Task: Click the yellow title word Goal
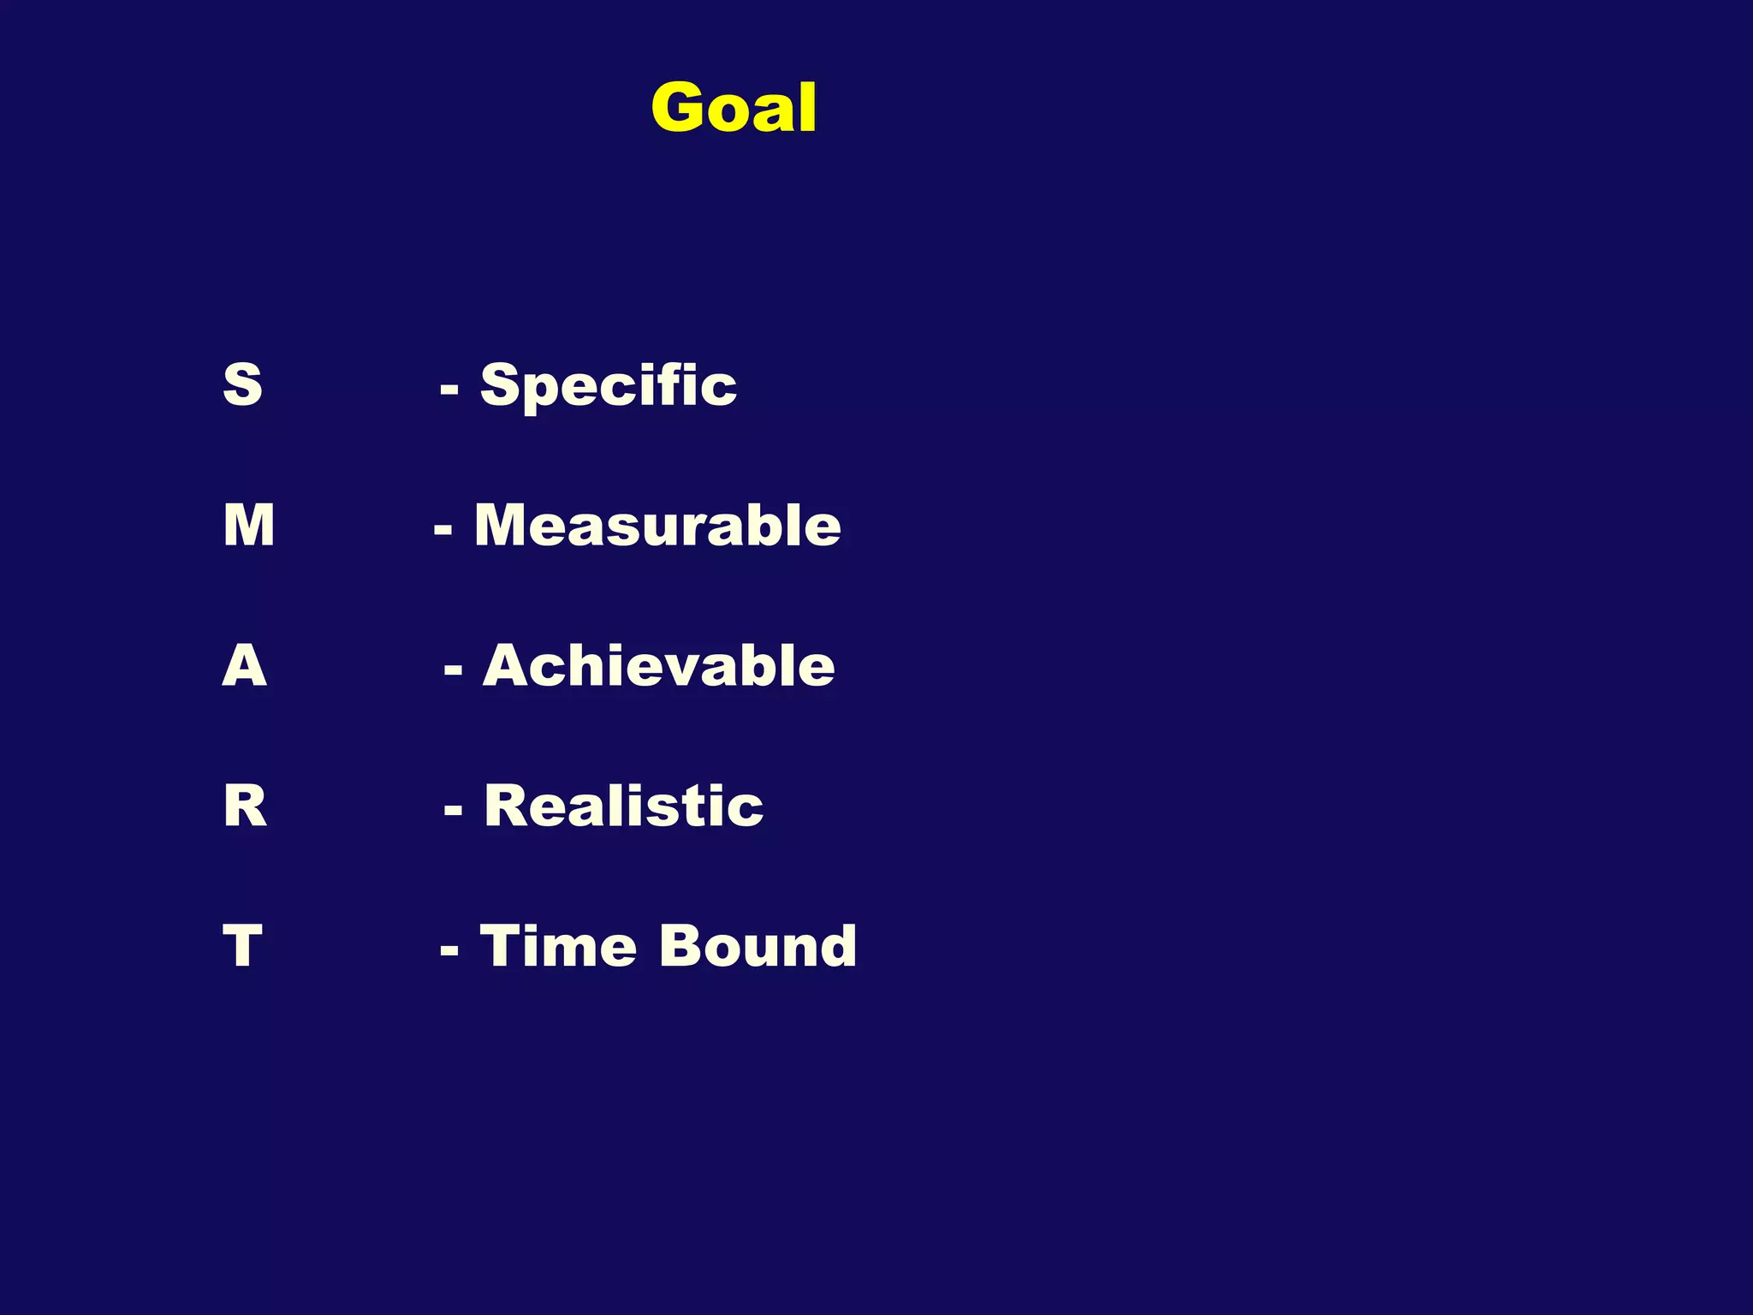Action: point(734,108)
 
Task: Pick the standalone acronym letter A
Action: point(245,665)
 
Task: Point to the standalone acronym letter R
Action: point(245,806)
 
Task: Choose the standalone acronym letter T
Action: point(242,946)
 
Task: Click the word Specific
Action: point(609,385)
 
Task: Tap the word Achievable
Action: point(659,665)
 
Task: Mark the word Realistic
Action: point(624,806)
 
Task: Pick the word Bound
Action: point(758,946)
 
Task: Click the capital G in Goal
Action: point(680,108)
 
